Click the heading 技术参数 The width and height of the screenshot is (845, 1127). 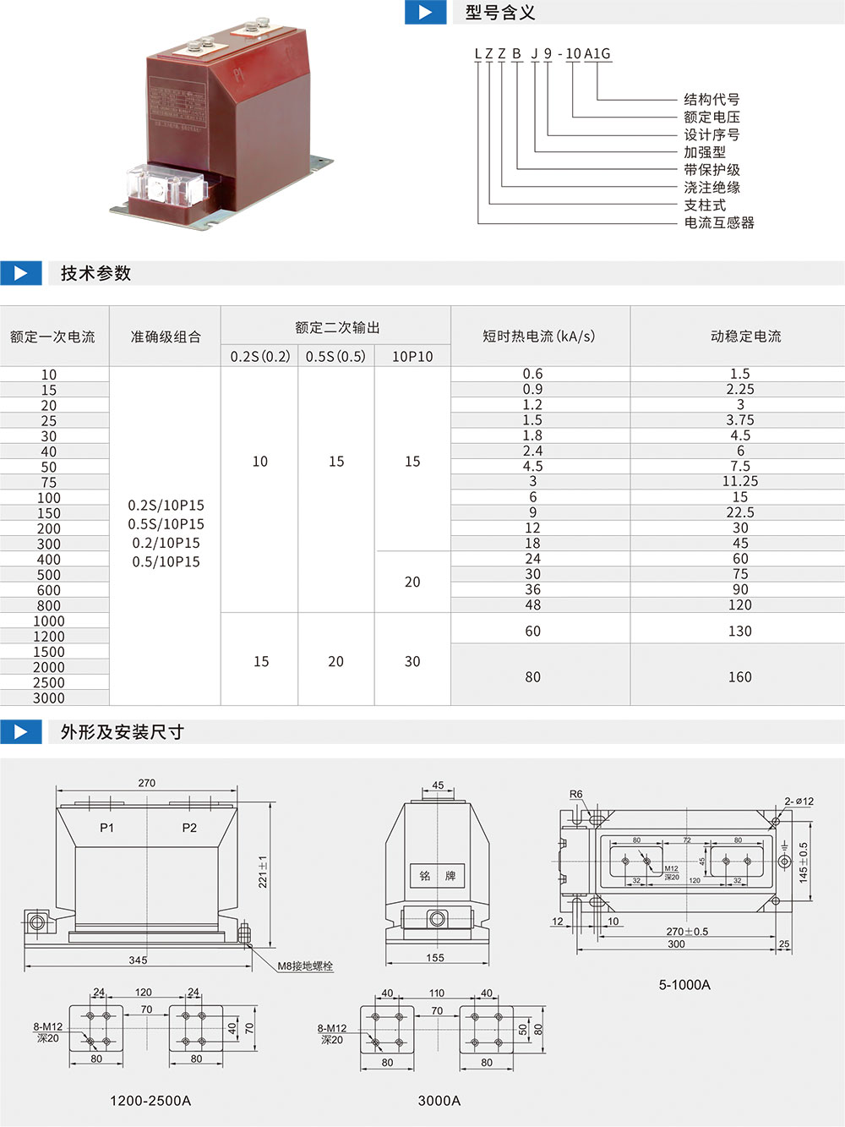coord(96,273)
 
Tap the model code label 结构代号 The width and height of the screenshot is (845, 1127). coord(711,100)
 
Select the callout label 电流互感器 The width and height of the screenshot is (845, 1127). coord(719,222)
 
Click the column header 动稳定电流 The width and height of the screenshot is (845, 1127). coord(745,336)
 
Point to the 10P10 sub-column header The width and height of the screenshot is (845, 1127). coord(412,356)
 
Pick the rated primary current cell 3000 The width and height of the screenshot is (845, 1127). coord(49,698)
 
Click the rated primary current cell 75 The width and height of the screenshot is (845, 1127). coord(49,483)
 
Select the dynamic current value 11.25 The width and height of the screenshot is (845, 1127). coord(740,481)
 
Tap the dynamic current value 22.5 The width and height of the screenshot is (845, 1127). coord(740,512)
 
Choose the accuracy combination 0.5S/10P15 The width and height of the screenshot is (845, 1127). coord(166,524)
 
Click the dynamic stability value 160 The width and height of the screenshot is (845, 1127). coord(740,676)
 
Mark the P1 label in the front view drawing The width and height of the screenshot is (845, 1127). coord(106,828)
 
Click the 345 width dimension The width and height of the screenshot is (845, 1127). coord(138,960)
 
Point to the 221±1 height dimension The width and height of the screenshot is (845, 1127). coord(263,872)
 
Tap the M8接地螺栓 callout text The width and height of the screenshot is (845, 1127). coord(305,966)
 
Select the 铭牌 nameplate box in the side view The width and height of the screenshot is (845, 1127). coord(437,875)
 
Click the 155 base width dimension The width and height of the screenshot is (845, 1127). coord(435,958)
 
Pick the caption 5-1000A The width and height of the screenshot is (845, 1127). coord(684,985)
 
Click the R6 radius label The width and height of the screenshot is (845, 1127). coord(576,794)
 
